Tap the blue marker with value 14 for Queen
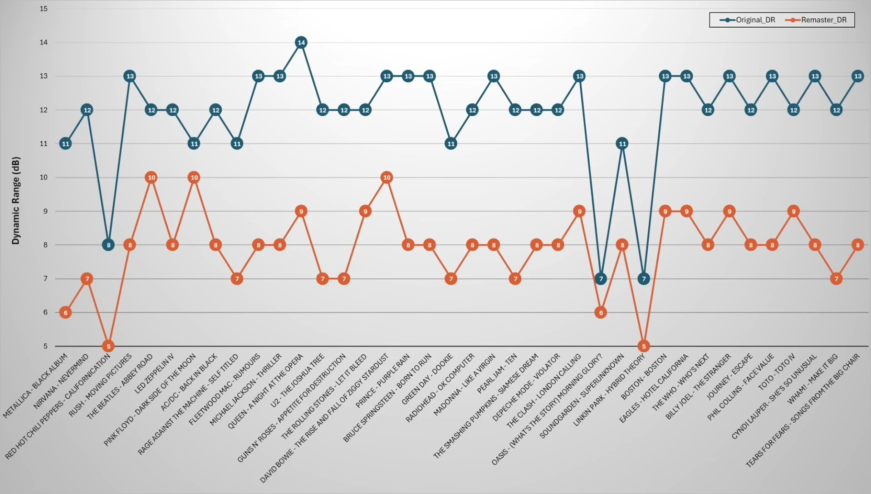point(301,43)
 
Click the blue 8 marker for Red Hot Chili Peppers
point(108,245)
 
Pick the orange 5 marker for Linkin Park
point(644,346)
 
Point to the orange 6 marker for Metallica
point(65,312)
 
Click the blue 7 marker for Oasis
point(601,279)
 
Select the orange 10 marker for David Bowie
point(387,178)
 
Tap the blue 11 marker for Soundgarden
point(622,144)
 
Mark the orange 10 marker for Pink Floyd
point(194,178)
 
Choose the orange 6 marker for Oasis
point(601,312)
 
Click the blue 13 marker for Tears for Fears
point(857,76)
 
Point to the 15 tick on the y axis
point(44,9)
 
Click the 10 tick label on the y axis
point(44,178)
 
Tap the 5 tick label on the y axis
point(45,346)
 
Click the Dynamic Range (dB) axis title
point(16,201)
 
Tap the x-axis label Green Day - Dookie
point(427,380)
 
